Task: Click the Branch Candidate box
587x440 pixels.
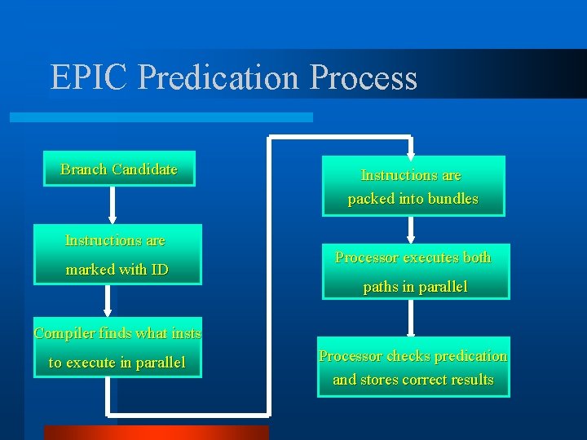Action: tap(119, 169)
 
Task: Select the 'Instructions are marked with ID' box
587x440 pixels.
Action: tap(117, 254)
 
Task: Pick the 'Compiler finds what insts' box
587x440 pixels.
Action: tap(117, 348)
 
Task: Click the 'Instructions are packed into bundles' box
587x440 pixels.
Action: tap(413, 187)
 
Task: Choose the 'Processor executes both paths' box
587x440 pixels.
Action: tap(414, 271)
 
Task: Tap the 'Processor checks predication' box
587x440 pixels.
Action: tap(413, 367)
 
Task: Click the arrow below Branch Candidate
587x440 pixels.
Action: tap(113, 205)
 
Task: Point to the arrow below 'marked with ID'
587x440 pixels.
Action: tap(107, 301)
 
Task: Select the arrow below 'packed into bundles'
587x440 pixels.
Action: tap(411, 230)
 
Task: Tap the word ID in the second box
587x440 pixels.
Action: tap(158, 270)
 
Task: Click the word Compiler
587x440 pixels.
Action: tap(62, 333)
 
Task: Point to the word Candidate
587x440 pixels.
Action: tap(144, 169)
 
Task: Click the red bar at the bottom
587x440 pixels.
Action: tap(156, 433)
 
